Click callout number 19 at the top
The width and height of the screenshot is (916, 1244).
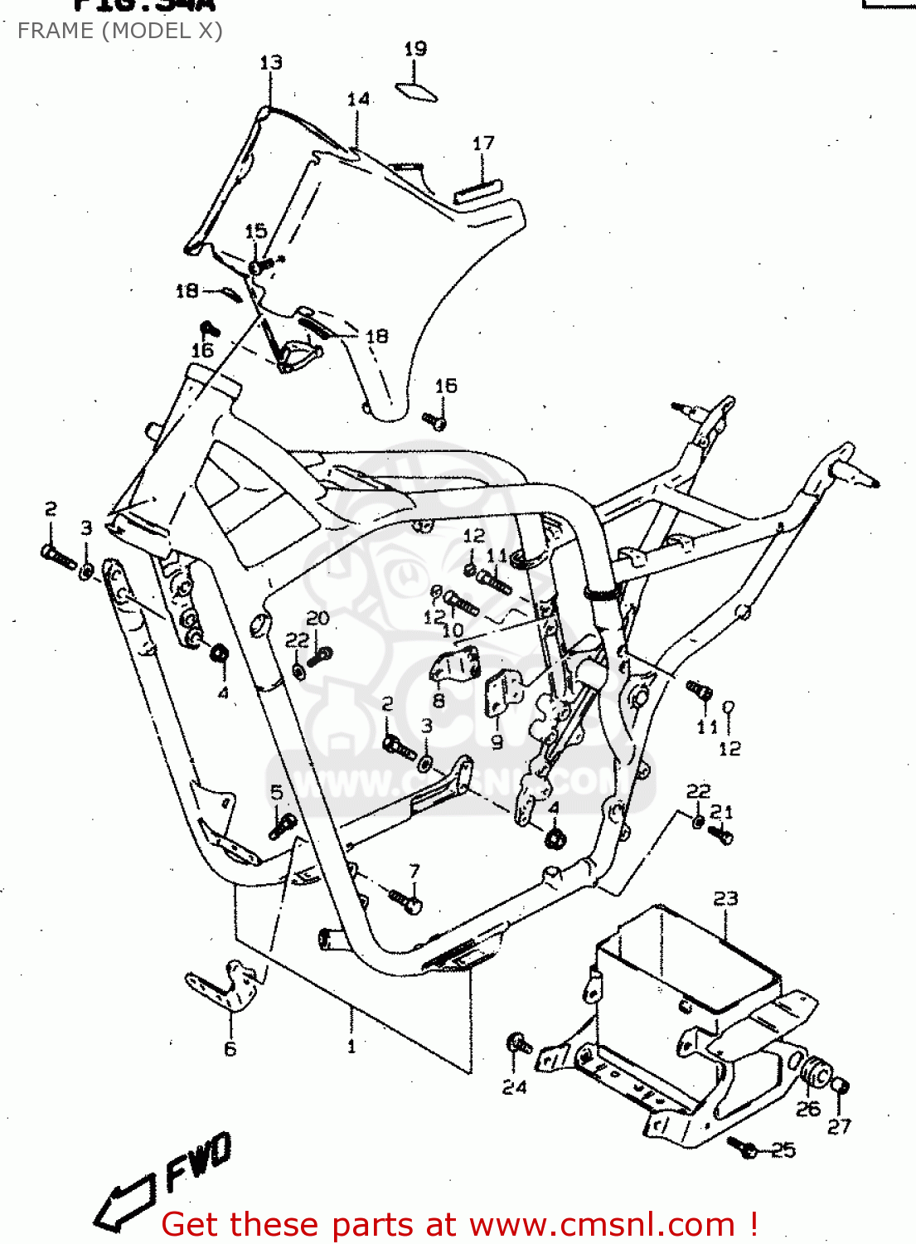[x=415, y=49]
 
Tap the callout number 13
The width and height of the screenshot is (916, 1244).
[x=271, y=63]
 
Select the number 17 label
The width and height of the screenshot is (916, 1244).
[x=483, y=143]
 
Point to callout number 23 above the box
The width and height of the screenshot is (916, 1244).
[x=725, y=899]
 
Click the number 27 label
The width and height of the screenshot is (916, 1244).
[x=839, y=1125]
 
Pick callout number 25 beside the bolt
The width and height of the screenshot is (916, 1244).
[x=783, y=1150]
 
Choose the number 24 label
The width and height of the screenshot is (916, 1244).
[x=514, y=1087]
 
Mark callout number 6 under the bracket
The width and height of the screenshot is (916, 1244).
[x=230, y=1049]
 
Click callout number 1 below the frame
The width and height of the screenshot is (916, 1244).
[x=351, y=1047]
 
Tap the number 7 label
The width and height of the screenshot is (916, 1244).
[x=414, y=871]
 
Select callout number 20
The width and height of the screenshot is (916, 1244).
[x=317, y=618]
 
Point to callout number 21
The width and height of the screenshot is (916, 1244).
[x=722, y=812]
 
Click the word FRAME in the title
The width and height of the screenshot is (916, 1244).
[x=55, y=31]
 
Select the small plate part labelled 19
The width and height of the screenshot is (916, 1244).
[x=416, y=91]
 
